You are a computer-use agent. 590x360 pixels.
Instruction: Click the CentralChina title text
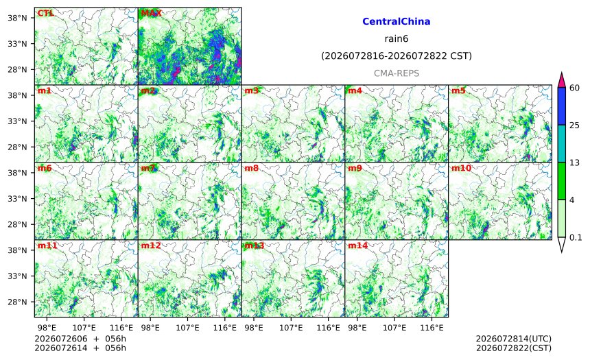point(397,21)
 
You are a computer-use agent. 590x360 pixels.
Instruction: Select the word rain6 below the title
point(397,39)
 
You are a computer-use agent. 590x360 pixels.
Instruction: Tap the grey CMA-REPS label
point(397,73)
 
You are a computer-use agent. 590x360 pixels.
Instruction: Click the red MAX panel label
point(151,13)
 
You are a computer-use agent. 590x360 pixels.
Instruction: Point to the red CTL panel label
point(45,13)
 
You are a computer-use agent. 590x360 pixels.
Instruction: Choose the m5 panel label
point(458,91)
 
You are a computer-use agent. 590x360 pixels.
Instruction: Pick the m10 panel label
point(461,168)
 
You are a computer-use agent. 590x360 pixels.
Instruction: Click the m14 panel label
point(357,245)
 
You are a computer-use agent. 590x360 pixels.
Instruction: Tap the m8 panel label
point(251,168)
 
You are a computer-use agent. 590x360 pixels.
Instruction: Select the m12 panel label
point(150,245)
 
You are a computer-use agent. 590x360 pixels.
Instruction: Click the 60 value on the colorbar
point(574,88)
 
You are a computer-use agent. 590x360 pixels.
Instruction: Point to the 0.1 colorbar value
point(576,238)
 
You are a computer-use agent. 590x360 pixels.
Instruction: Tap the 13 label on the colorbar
point(574,163)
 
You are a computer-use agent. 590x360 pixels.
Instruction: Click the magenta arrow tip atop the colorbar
point(561,72)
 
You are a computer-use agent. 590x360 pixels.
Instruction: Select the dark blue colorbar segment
point(561,106)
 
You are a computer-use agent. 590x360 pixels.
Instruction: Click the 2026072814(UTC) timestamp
point(514,339)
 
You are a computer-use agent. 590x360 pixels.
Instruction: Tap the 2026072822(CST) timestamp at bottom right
point(514,348)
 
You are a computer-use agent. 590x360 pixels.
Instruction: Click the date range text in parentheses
point(397,56)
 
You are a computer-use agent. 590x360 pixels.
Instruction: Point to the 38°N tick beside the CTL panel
point(17,18)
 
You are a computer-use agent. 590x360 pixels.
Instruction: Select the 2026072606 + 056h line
point(80,339)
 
